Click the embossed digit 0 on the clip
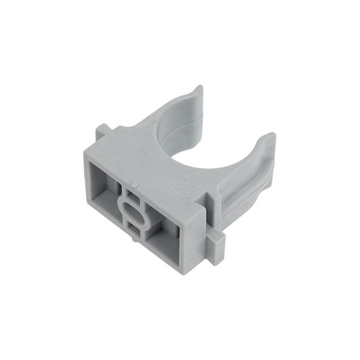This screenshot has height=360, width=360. coord(189,189)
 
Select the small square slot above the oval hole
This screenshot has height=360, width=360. coord(132,195)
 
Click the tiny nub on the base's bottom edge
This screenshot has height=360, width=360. coord(134,239)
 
